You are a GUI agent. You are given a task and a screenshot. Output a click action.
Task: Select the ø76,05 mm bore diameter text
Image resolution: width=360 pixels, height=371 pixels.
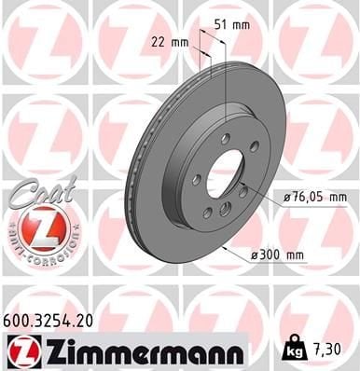coord(312,197)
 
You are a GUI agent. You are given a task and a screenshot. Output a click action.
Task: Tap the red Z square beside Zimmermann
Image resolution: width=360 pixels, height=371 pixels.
coord(20,351)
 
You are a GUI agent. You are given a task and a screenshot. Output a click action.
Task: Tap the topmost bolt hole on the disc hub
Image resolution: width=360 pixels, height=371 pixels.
coord(225,138)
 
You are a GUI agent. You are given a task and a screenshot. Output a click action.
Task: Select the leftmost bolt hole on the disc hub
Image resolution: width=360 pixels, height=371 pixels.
coord(195,179)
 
